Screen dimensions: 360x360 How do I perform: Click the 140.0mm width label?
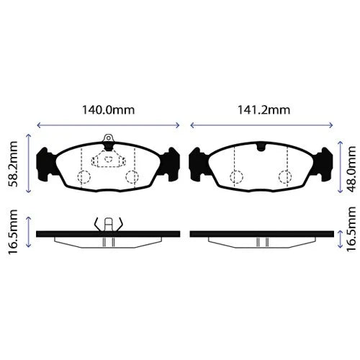tap(109, 110)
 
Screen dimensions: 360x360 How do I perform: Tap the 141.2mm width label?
tap(264, 110)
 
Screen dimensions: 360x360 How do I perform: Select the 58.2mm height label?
tap(13, 164)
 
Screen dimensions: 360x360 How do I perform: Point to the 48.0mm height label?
tap(351, 169)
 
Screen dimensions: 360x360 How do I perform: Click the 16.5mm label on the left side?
tap(13, 232)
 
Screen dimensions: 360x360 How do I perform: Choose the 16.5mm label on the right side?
tap(351, 229)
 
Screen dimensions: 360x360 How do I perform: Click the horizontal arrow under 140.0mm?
tap(109, 125)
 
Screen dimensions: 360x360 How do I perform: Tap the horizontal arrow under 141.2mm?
tap(261, 125)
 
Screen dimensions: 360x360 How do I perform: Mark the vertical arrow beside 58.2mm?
tap(29, 163)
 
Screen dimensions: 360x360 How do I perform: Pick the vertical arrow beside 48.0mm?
tap(340, 167)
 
